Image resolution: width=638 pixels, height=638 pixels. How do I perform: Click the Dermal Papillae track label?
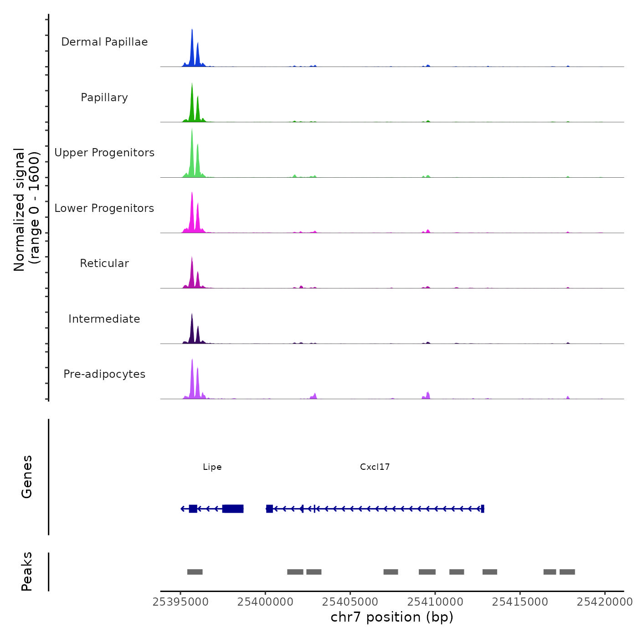click(x=104, y=42)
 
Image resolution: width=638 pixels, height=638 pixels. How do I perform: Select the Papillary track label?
click(x=104, y=98)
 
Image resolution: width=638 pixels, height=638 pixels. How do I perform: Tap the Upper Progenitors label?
click(x=104, y=153)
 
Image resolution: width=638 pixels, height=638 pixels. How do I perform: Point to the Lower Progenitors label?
click(x=104, y=208)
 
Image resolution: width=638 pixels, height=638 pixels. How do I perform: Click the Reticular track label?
click(x=104, y=263)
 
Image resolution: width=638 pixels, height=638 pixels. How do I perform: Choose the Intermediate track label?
click(x=104, y=319)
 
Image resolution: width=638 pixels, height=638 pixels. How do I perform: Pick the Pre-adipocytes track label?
click(x=104, y=374)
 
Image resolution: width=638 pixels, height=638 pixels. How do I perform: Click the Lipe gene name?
click(x=212, y=467)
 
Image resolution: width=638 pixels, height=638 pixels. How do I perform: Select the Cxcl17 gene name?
click(x=375, y=467)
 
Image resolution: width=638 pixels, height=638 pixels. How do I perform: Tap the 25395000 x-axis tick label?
click(x=181, y=602)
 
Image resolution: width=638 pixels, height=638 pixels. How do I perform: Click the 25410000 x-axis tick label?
click(x=435, y=602)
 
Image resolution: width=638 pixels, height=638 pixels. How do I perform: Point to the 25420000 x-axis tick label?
click(x=605, y=602)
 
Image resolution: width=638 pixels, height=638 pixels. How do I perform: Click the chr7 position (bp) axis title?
click(x=392, y=617)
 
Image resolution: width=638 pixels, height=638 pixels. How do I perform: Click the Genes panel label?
click(x=27, y=476)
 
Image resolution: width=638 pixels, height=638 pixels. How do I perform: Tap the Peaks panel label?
click(x=27, y=571)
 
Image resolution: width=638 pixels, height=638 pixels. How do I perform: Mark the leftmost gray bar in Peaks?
click(x=195, y=572)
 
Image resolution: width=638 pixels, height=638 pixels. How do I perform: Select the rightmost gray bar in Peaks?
click(x=567, y=572)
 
